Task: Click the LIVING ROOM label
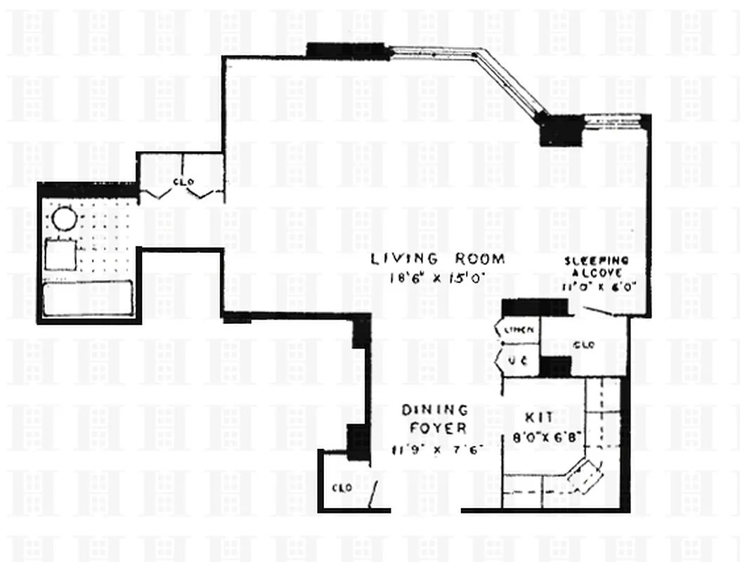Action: (x=438, y=259)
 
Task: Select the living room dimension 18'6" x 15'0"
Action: (x=438, y=277)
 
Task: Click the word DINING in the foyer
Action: (x=434, y=409)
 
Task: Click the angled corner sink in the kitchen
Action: (x=585, y=477)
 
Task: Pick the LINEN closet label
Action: (x=518, y=329)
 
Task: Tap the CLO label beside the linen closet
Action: (x=584, y=345)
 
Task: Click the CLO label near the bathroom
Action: (x=183, y=182)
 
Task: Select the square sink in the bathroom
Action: (x=60, y=254)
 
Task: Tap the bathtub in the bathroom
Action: (x=88, y=298)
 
